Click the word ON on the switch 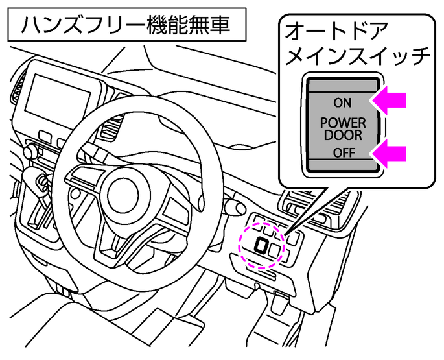point(342,102)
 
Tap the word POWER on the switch point(342,123)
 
